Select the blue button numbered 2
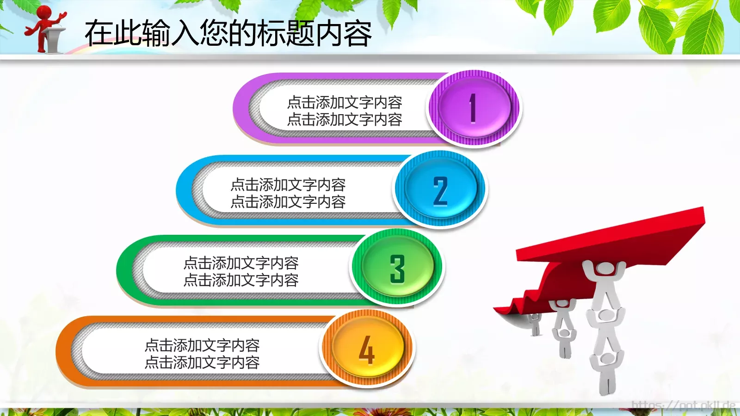pos(440,190)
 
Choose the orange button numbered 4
pos(367,349)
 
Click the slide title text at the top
pos(228,33)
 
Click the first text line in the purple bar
pos(345,102)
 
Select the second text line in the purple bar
pos(345,120)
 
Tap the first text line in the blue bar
pos(288,184)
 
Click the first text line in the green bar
pos(240,263)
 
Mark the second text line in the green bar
pos(240,280)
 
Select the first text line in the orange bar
pos(202,345)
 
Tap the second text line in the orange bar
pos(202,362)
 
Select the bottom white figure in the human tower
pos(606,370)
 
